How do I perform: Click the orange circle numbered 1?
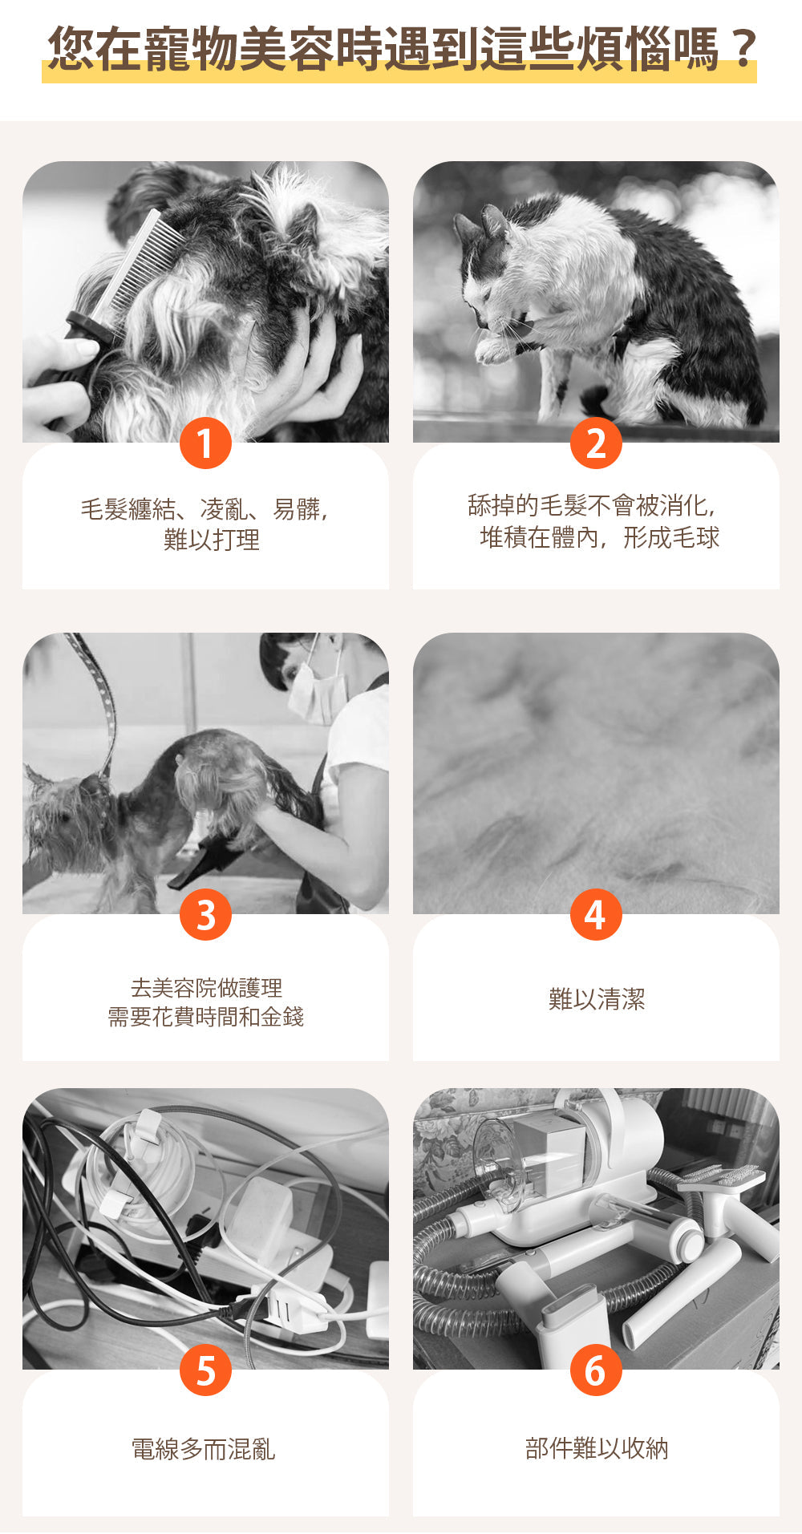tap(205, 443)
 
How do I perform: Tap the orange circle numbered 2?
tap(596, 443)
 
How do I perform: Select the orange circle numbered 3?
tap(205, 914)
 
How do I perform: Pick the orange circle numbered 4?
tap(596, 914)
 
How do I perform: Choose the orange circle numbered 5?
tap(205, 1370)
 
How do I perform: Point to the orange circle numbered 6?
tap(596, 1370)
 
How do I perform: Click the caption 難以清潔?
tap(597, 999)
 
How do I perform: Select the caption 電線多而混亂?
tap(204, 1449)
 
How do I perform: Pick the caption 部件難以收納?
tap(597, 1448)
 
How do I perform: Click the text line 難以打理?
tap(212, 540)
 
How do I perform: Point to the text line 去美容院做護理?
tap(206, 987)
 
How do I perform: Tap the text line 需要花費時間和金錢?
tap(206, 1017)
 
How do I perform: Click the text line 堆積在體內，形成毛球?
tap(599, 537)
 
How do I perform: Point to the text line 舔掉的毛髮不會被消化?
tap(592, 505)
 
